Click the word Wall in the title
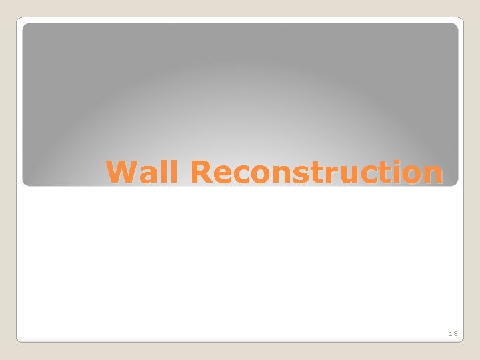[142, 173]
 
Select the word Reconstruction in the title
[315, 173]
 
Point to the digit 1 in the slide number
[451, 333]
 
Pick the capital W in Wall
[122, 173]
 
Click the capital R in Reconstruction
[199, 173]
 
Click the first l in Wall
[164, 172]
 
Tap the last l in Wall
[173, 172]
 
